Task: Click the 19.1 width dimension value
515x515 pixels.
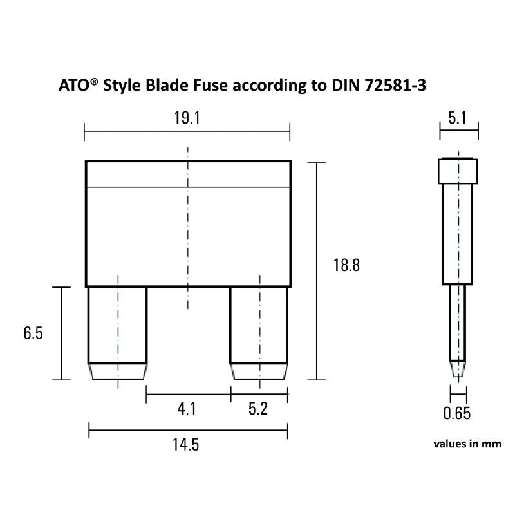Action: point(187,120)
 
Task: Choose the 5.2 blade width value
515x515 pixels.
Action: point(257,409)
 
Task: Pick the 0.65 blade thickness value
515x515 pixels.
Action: point(457,413)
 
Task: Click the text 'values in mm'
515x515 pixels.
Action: point(467,444)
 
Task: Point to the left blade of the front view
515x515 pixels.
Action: point(117,324)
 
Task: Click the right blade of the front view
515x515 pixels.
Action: point(259,324)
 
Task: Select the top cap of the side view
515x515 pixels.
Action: point(458,171)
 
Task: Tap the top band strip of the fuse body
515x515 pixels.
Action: point(188,174)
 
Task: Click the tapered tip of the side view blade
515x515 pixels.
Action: point(458,369)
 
